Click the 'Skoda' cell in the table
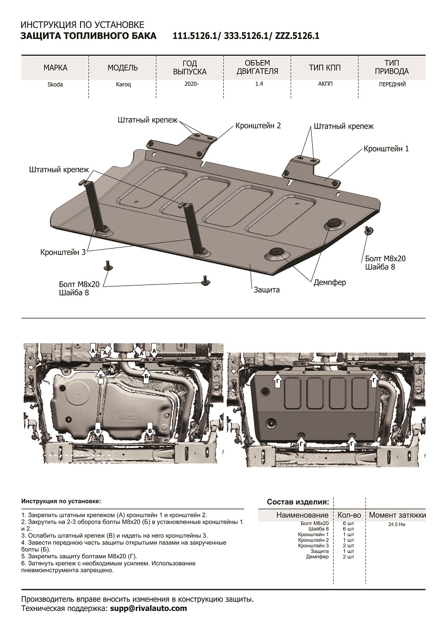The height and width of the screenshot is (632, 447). pyautogui.click(x=55, y=85)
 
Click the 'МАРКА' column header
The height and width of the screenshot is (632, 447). pyautogui.click(x=55, y=67)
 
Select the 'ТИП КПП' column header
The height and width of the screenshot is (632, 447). pyautogui.click(x=325, y=67)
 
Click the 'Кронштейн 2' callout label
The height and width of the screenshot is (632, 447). pyautogui.click(x=258, y=126)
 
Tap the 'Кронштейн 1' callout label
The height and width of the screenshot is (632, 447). pyautogui.click(x=386, y=149)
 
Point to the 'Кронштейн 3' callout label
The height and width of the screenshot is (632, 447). pyautogui.click(x=63, y=252)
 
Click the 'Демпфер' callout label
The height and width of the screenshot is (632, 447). pyautogui.click(x=330, y=282)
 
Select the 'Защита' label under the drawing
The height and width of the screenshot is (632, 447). pyautogui.click(x=266, y=290)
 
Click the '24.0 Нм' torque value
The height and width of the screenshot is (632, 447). pyautogui.click(x=396, y=525)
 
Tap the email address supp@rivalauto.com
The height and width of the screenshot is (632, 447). pyautogui.click(x=148, y=608)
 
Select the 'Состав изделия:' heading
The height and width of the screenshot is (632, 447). pyautogui.click(x=298, y=501)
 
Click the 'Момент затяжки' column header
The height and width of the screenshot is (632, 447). pyautogui.click(x=397, y=515)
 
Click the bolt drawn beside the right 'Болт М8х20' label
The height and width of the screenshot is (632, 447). pyautogui.click(x=368, y=230)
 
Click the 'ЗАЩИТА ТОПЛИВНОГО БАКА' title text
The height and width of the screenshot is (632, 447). pyautogui.click(x=88, y=36)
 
